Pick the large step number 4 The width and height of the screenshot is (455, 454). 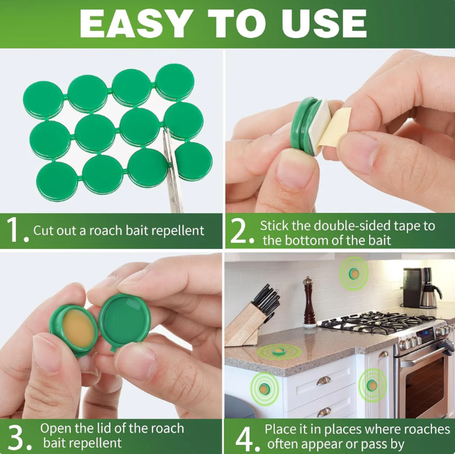tap(247, 438)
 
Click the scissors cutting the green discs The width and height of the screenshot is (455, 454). tap(172, 171)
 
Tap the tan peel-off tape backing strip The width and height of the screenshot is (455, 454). tap(334, 127)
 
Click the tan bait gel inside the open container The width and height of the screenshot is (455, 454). tap(78, 328)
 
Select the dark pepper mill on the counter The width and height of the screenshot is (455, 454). tap(309, 302)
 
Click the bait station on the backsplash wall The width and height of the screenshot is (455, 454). tap(354, 273)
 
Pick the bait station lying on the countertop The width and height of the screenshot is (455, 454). tap(279, 352)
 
